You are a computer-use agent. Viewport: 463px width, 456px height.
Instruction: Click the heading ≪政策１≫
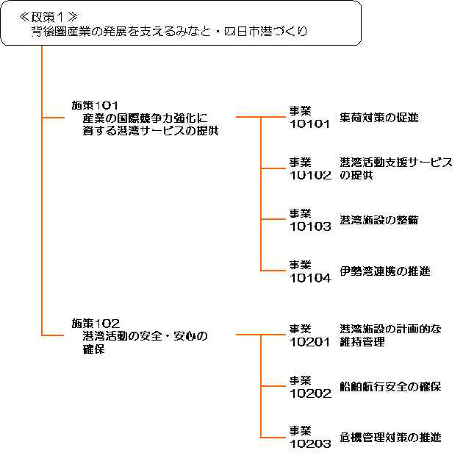[x=49, y=16]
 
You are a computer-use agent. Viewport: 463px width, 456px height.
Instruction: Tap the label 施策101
[x=96, y=105]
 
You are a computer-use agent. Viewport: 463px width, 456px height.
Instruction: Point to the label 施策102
[x=96, y=323]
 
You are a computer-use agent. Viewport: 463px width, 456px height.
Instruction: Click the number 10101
[x=310, y=124]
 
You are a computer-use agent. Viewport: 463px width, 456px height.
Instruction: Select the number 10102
[x=310, y=175]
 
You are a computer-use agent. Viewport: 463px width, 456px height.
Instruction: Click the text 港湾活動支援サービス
[x=396, y=162]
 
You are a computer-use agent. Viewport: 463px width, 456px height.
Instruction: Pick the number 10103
[x=310, y=227]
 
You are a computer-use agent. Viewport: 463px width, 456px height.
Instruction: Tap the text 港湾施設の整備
[x=379, y=220]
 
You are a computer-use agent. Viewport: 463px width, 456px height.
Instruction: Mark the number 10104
[x=310, y=278]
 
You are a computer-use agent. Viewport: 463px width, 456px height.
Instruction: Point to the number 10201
[x=310, y=341]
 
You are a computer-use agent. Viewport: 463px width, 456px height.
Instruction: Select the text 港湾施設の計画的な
[x=390, y=329]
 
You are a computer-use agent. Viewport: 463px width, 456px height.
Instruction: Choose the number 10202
[x=310, y=393]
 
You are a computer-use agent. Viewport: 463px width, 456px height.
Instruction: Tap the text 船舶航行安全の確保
[x=390, y=386]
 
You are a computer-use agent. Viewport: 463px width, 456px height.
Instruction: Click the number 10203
[x=310, y=444]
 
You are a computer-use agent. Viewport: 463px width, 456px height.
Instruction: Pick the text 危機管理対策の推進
[x=390, y=438]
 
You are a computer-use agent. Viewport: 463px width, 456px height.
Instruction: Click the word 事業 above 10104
[x=301, y=265]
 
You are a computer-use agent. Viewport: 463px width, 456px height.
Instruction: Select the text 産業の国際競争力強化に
[x=146, y=118]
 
